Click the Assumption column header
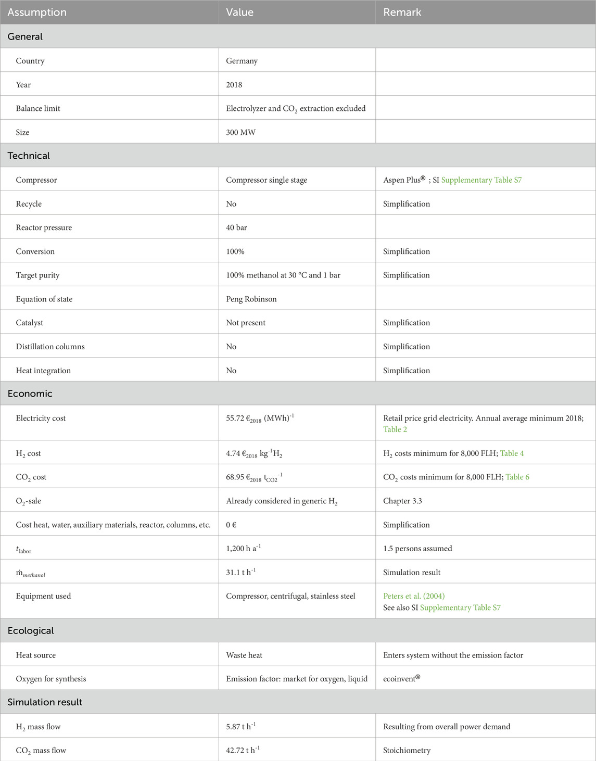click(37, 12)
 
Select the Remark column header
click(402, 12)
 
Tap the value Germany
click(242, 61)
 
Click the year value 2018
click(234, 85)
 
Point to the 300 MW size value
click(240, 133)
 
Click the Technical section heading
click(29, 156)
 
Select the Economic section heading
click(30, 394)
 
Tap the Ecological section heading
click(31, 630)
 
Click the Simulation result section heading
click(45, 702)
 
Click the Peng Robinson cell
click(251, 299)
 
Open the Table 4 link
click(512, 453)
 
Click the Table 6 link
click(517, 477)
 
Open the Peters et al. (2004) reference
click(414, 596)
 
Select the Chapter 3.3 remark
click(402, 501)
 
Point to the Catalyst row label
click(30, 323)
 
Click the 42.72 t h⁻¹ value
click(243, 750)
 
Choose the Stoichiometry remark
click(407, 751)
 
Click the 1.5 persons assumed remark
click(417, 549)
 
